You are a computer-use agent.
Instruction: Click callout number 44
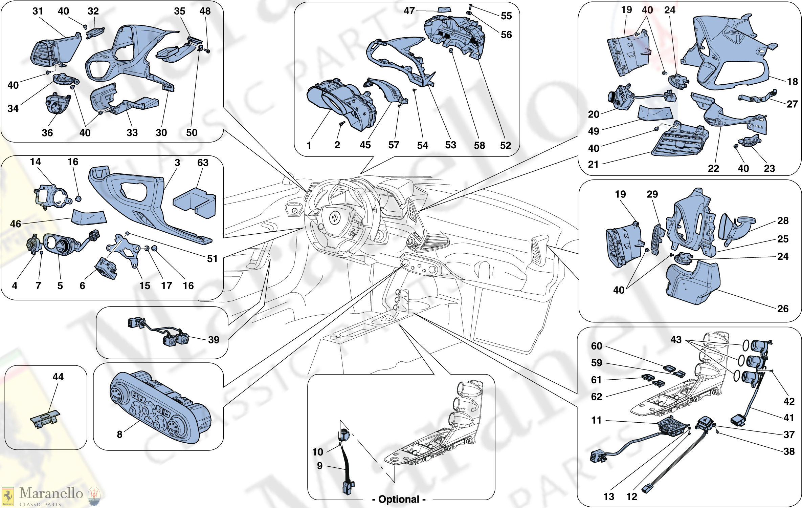[58, 377]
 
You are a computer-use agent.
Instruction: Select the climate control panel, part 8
[159, 406]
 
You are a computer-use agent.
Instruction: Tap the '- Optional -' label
[399, 499]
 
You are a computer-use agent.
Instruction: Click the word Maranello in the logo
[51, 493]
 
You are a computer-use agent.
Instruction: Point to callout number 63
[203, 163]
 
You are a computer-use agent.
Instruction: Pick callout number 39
[214, 340]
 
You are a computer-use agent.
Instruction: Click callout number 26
[783, 309]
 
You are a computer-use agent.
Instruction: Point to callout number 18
[792, 82]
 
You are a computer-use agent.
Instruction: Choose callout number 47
[409, 11]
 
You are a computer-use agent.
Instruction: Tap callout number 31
[38, 11]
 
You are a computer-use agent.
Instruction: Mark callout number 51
[212, 259]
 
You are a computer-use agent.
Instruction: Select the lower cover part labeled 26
[692, 284]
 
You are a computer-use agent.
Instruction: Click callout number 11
[596, 420]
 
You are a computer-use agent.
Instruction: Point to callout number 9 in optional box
[319, 466]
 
